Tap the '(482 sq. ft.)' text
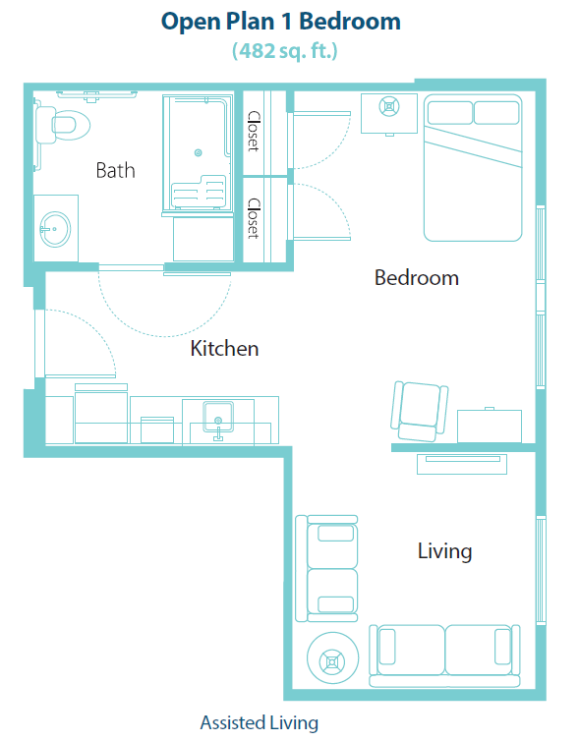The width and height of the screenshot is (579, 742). (x=284, y=50)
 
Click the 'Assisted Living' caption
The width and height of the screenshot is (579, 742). (x=260, y=723)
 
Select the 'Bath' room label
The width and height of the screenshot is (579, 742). (x=115, y=170)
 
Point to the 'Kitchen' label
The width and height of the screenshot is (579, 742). (x=224, y=348)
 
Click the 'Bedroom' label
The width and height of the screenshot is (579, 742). (x=416, y=278)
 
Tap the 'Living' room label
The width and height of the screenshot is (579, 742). (x=444, y=550)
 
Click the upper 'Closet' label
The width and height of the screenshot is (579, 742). (x=254, y=131)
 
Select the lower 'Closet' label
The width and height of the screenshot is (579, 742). (x=254, y=218)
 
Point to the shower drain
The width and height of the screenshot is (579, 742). (x=198, y=152)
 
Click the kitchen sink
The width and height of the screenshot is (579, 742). (x=216, y=418)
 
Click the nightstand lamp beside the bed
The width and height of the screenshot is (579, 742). (x=389, y=106)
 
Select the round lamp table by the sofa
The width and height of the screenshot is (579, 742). (x=331, y=660)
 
